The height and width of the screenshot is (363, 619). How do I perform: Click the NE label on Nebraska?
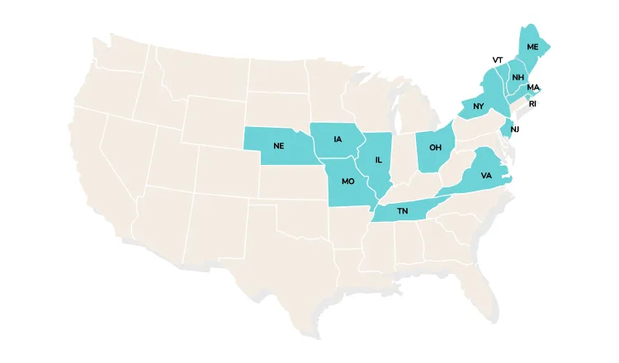(279, 145)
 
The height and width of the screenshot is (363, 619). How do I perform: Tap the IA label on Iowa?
(338, 139)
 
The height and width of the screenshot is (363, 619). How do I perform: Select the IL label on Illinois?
(378, 160)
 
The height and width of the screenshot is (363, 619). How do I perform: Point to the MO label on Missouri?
(347, 181)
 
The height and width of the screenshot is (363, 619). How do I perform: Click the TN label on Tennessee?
(403, 212)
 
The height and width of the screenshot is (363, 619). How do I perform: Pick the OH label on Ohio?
(435, 148)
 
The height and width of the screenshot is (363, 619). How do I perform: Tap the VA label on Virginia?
(486, 176)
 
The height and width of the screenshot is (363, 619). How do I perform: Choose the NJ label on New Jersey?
(514, 130)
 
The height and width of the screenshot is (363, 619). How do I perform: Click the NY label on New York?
(479, 106)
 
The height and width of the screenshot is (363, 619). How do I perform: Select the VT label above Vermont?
(498, 60)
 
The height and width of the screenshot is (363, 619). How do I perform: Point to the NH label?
(517, 78)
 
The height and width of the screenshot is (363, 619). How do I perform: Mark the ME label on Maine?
(532, 46)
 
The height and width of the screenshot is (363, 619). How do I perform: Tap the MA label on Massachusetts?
(533, 87)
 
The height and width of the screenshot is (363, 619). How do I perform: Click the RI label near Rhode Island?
(533, 104)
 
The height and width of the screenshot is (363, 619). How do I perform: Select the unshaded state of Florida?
(475, 280)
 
